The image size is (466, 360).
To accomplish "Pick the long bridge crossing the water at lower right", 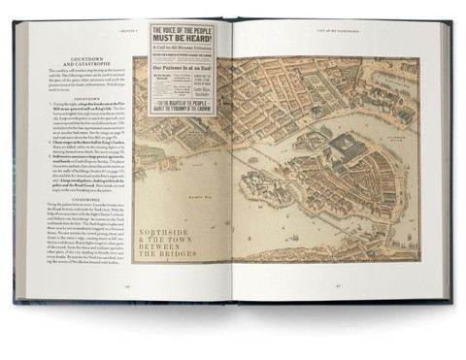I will coord(388,243).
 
